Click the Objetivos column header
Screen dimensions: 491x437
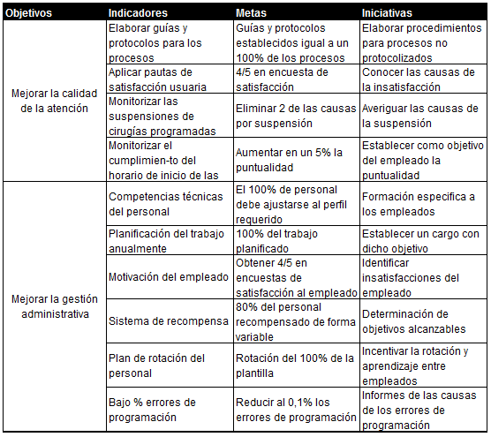tap(29, 14)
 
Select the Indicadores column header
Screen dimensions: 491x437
tap(139, 14)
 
